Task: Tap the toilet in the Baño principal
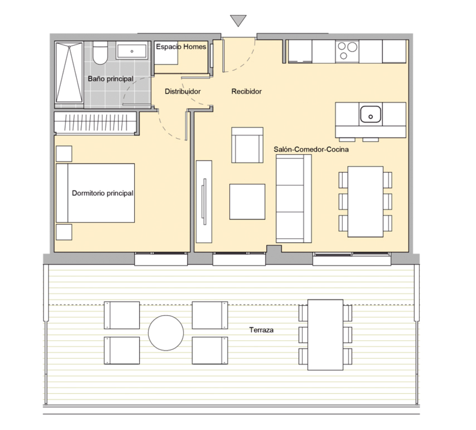(100, 53)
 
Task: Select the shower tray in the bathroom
(69, 73)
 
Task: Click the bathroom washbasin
(132, 50)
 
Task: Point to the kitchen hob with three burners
(347, 51)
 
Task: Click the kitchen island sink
(371, 114)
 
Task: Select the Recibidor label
(246, 92)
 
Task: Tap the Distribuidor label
(183, 92)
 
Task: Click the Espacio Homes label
(181, 47)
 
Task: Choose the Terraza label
(261, 330)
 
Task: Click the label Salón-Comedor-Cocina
(311, 149)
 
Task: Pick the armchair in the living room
(247, 145)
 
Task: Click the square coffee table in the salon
(247, 202)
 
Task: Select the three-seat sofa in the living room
(294, 198)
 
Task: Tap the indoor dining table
(365, 202)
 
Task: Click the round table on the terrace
(166, 333)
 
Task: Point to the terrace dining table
(325, 335)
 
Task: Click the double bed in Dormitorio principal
(95, 193)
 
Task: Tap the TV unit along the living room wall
(204, 202)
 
